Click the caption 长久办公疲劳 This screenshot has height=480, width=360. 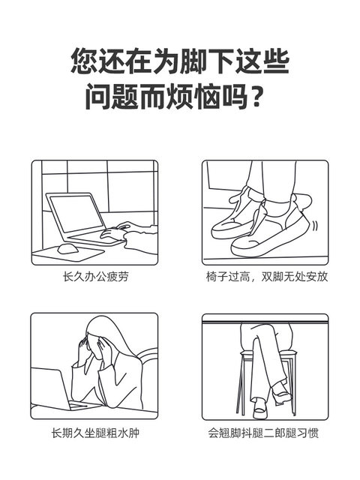point(95,277)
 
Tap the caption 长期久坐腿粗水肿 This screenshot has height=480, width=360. point(95,433)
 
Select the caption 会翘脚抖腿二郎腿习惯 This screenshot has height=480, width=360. point(263,433)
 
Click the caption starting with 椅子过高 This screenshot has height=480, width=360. point(267,277)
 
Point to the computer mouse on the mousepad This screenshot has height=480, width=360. point(67,248)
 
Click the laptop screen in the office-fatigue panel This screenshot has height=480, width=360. point(76,214)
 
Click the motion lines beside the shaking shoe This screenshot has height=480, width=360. point(314,226)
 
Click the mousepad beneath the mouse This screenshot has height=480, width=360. point(68,254)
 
